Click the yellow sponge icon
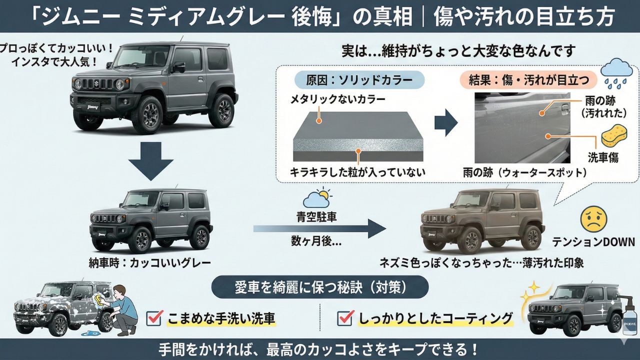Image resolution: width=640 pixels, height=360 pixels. point(613,136)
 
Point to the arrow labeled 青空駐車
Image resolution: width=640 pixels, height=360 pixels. point(320,229)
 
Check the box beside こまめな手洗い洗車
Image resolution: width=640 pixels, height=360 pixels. point(154,317)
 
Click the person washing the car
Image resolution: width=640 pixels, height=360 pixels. point(120,308)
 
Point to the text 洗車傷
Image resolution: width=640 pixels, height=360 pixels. point(603,158)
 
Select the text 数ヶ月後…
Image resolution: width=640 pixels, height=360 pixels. point(316,241)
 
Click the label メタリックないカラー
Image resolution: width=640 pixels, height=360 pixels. point(338,99)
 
